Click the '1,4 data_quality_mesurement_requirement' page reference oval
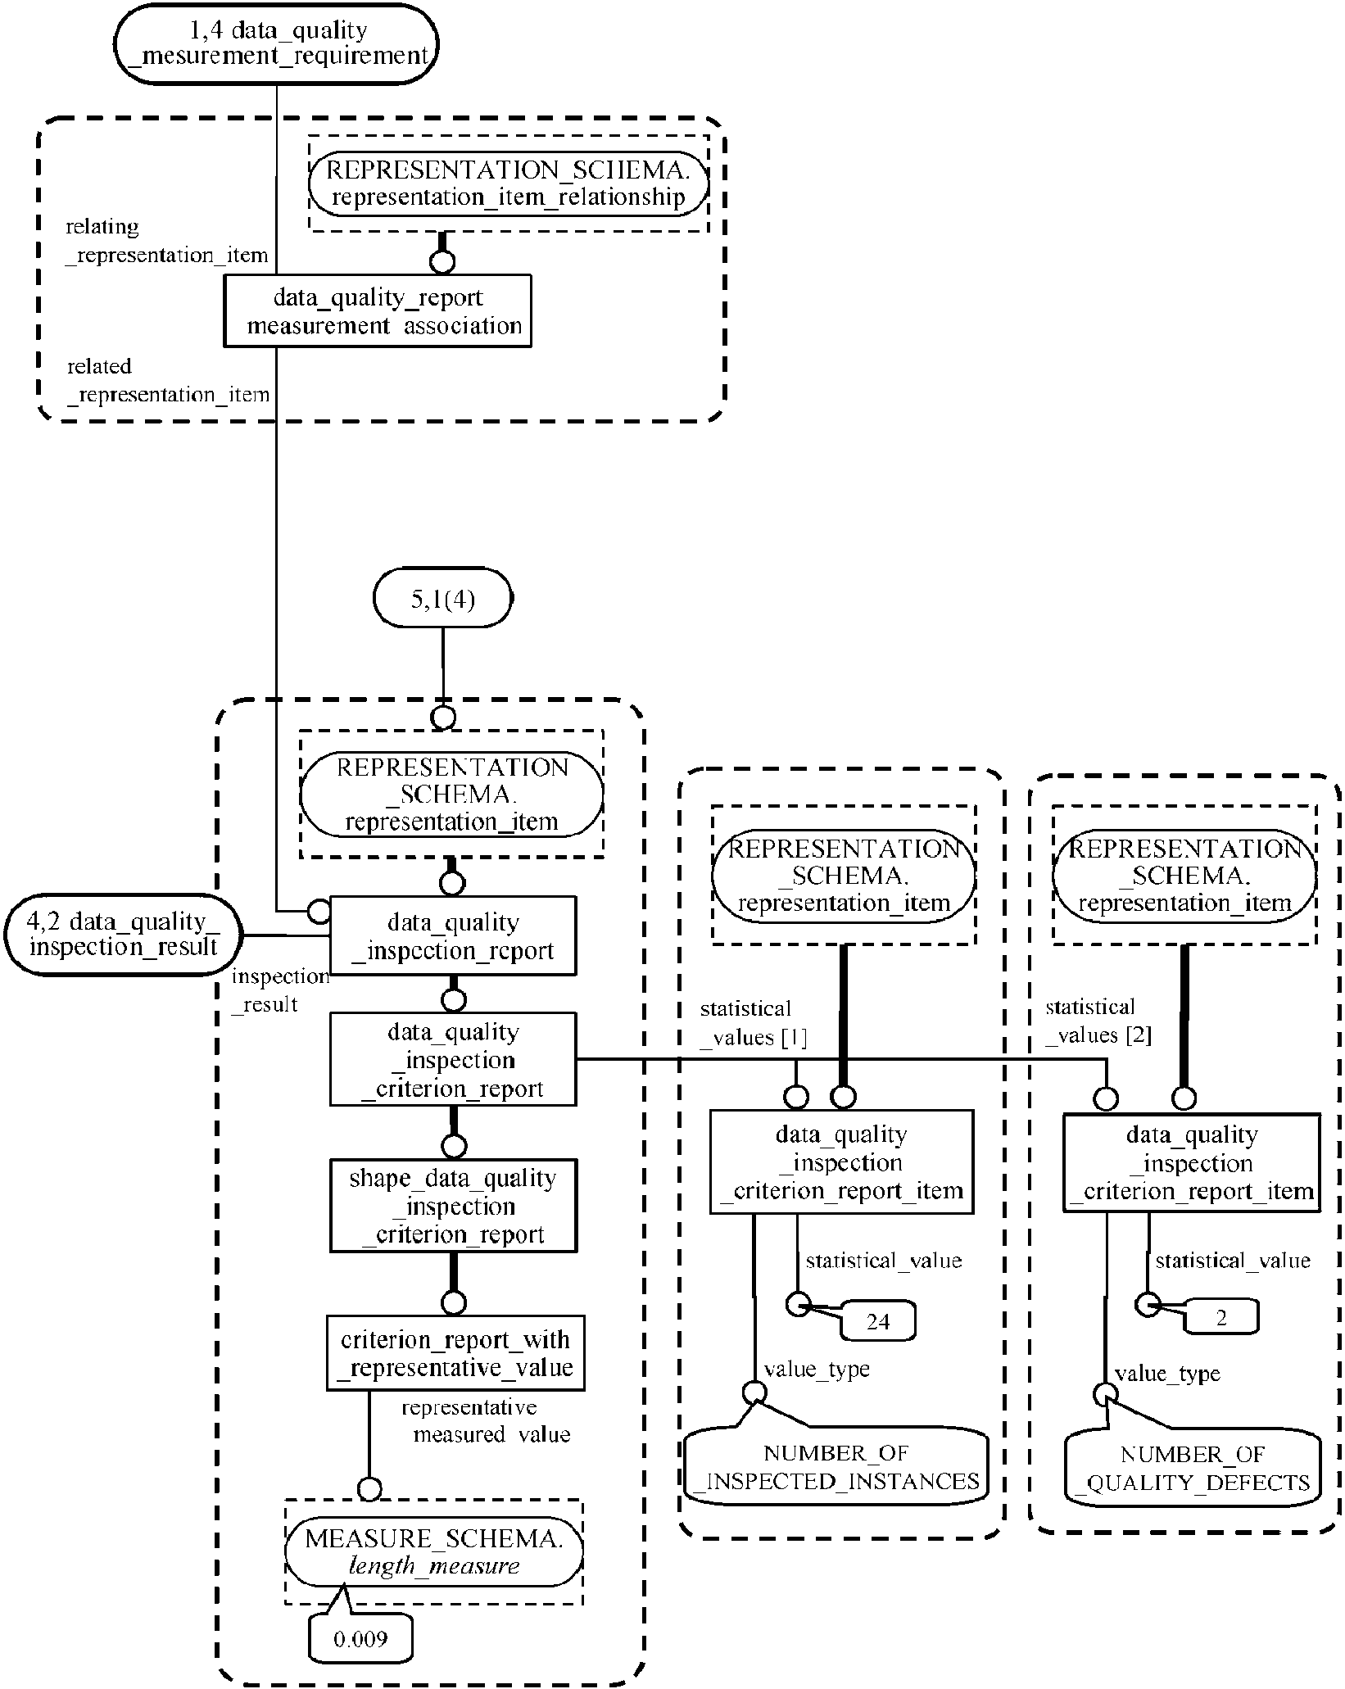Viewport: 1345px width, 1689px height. coord(276,43)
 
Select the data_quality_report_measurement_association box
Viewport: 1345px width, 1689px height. coord(378,311)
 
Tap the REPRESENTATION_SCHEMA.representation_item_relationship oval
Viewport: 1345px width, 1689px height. coord(508,183)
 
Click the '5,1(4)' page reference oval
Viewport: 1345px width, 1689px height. coord(442,599)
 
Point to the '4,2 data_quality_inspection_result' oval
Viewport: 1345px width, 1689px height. coord(124,935)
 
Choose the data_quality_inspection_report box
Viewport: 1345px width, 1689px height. coord(453,936)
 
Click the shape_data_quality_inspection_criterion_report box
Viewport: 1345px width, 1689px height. coord(453,1206)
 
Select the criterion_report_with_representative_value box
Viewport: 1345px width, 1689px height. coord(455,1353)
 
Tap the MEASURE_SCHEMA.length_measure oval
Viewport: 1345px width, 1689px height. coord(434,1552)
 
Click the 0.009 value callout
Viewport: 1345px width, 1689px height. coord(360,1639)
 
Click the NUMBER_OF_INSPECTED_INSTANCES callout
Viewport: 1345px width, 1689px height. coord(836,1467)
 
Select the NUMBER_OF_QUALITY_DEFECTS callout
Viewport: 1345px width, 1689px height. coord(1193,1469)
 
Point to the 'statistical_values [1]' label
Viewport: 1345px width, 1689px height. coord(752,1023)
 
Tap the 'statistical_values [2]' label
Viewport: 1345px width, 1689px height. coord(1098,1021)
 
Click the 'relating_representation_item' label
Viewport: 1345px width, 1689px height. coord(166,241)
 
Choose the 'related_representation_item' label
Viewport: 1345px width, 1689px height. coord(168,381)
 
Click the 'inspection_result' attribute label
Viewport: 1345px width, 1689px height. coord(279,990)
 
